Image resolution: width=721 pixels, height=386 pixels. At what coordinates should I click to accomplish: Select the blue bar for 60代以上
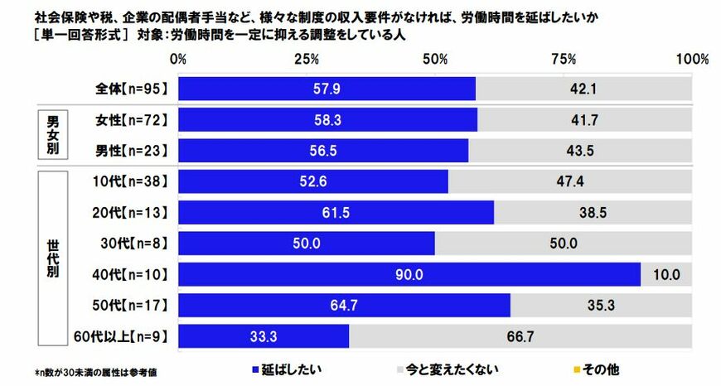coord(264,336)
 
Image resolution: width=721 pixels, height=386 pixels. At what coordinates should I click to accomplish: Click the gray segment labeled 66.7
coord(520,336)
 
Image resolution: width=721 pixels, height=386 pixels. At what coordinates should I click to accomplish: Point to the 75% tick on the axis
coord(564,60)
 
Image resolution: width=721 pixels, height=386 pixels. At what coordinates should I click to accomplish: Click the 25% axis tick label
coord(307,60)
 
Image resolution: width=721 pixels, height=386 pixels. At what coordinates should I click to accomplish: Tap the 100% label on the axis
coord(692,60)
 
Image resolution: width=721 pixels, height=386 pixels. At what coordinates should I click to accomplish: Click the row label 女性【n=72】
coord(133,120)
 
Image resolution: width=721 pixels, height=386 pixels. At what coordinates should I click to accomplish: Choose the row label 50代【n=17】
coord(133,306)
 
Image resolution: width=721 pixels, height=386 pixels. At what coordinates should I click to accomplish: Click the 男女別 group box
coord(51,135)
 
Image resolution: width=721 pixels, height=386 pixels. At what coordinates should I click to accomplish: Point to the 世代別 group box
coord(51,259)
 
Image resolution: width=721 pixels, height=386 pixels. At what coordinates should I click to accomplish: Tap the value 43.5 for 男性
coord(580,151)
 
